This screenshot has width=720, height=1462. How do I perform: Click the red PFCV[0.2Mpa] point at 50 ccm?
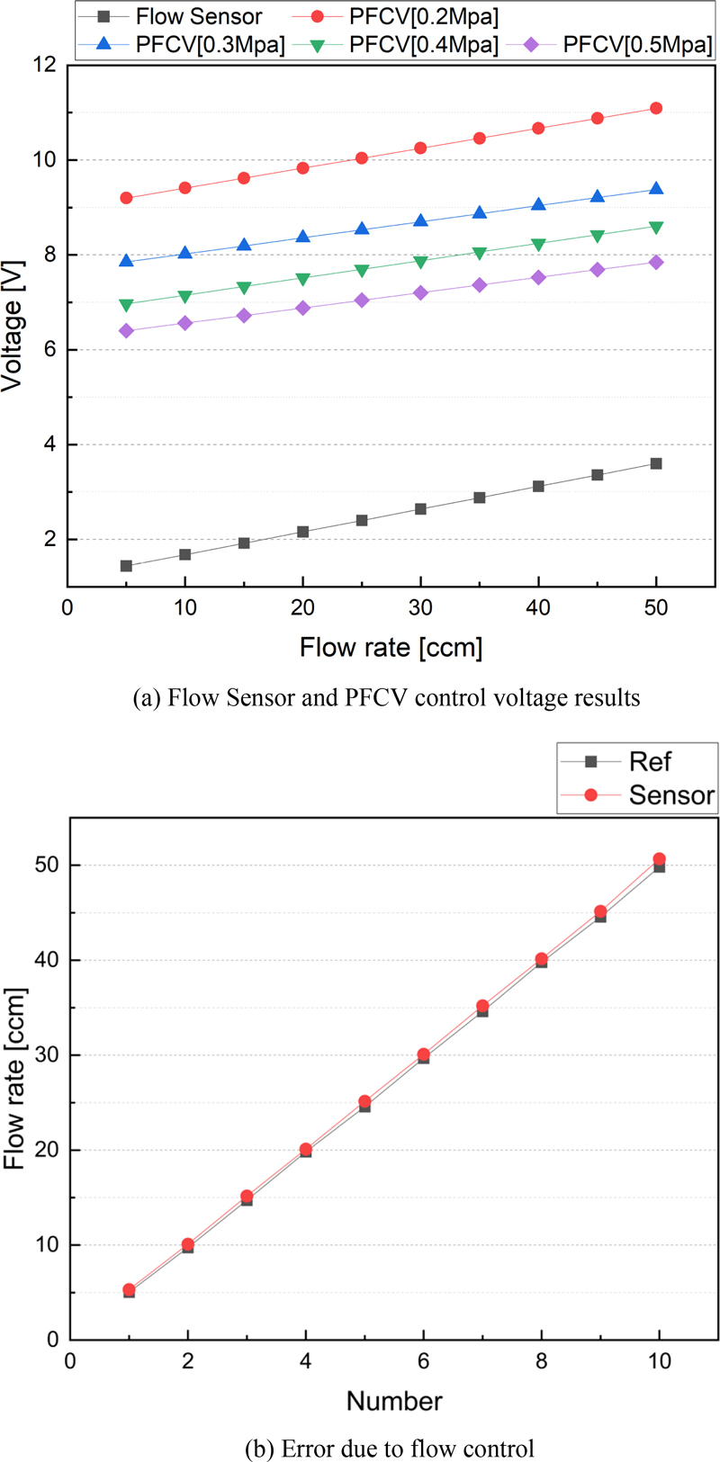click(x=656, y=108)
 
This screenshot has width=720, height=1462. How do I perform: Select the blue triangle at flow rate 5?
click(x=126, y=261)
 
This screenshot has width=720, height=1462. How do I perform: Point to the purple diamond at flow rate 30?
click(x=420, y=292)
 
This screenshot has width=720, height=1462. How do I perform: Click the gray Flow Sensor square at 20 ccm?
click(x=303, y=532)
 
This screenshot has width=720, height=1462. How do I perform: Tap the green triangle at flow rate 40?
click(x=538, y=245)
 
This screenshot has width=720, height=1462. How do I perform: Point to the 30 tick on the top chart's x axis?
click(x=420, y=608)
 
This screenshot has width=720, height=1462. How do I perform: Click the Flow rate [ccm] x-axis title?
click(x=391, y=648)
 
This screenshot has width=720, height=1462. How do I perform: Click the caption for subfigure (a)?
click(x=386, y=698)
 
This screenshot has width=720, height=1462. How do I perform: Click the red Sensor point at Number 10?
click(x=659, y=859)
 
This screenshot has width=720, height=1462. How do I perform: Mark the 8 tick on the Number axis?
click(x=542, y=1360)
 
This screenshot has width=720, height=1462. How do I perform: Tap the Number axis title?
click(x=394, y=1401)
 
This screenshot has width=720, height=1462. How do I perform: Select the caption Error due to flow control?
click(x=389, y=1449)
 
